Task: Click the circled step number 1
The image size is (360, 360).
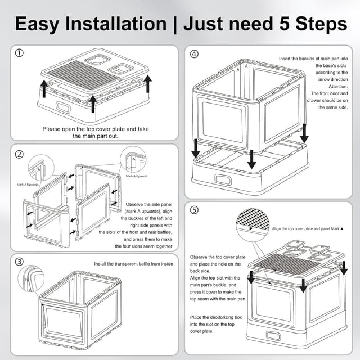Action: tap(19, 53)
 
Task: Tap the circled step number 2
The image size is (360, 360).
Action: tap(19, 154)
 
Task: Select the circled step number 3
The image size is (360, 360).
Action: tap(19, 262)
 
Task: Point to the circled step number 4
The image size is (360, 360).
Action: tap(194, 54)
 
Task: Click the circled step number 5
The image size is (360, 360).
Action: tap(194, 210)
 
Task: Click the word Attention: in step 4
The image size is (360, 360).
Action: tap(322, 87)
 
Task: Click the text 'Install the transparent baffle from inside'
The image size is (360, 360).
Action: tap(134, 263)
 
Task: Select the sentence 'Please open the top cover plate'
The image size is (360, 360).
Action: tap(95, 129)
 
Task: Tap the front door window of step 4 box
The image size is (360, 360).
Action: tap(222, 121)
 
